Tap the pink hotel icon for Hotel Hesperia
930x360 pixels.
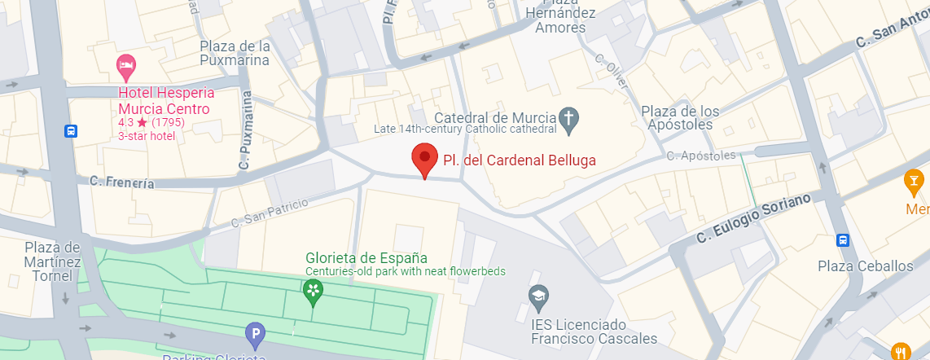point(125,64)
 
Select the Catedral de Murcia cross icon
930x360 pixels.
point(568,121)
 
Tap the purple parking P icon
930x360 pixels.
point(255,333)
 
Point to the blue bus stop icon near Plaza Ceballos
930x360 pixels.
point(842,240)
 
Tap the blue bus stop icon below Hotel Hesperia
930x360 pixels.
point(72,130)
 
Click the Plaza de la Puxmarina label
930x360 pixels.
point(235,52)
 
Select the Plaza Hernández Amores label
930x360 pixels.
point(560,20)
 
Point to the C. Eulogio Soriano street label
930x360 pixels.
point(753,218)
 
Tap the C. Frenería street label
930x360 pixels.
point(122,182)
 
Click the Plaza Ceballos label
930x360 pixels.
point(866,266)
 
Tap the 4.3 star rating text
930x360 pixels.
point(151,123)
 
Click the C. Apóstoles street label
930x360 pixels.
point(700,156)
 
